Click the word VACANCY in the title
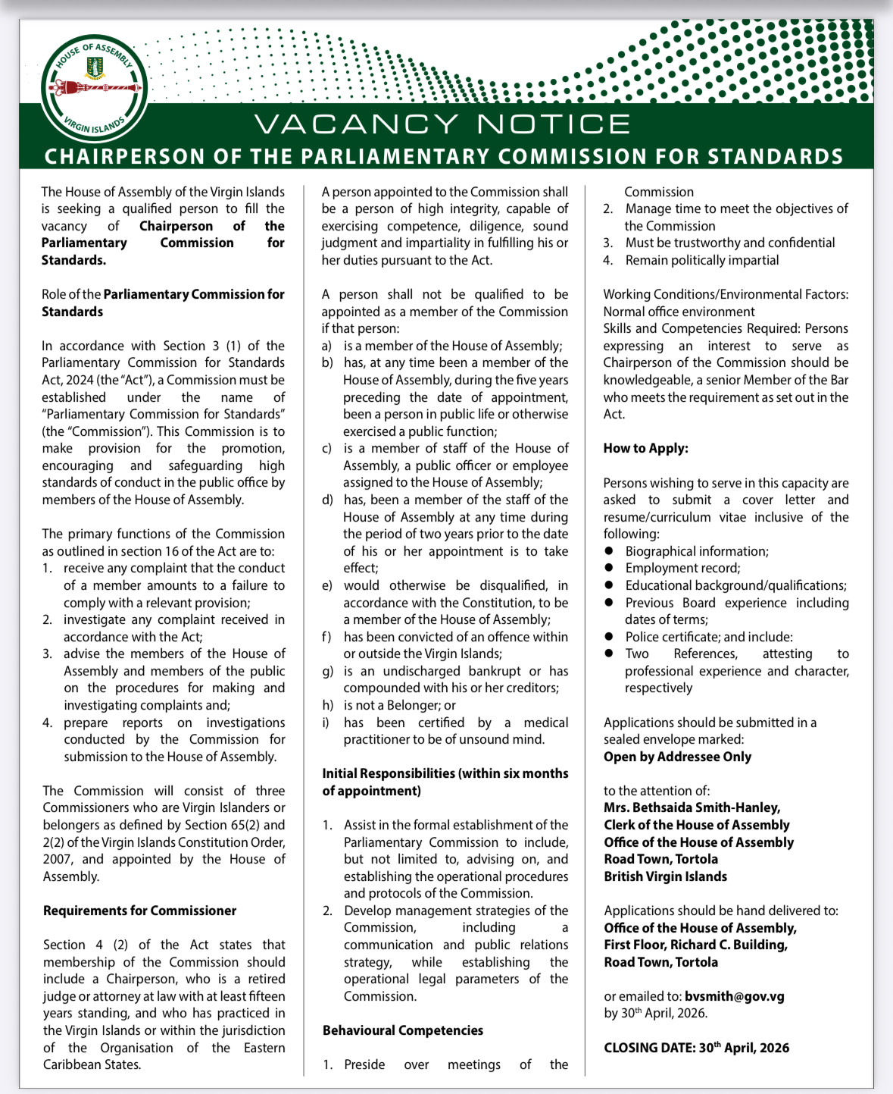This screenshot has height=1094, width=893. coord(356,124)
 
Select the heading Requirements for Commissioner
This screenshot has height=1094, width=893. coord(139,911)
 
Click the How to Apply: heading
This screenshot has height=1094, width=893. coord(645,448)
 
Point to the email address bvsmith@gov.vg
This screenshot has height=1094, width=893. coord(734,996)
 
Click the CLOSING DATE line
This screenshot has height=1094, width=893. coord(696,1048)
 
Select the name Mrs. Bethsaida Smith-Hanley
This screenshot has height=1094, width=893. coord(692,807)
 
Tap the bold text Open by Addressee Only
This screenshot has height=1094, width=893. coord(677,757)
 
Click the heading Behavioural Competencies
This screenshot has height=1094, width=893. coord(402,1030)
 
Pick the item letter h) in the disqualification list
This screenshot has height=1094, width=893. coord(327,705)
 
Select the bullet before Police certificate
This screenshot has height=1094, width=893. coord(608,637)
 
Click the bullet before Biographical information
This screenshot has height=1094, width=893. coord(608,551)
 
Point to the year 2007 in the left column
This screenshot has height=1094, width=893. coord(58,859)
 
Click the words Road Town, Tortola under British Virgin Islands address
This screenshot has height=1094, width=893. coord(660,859)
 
